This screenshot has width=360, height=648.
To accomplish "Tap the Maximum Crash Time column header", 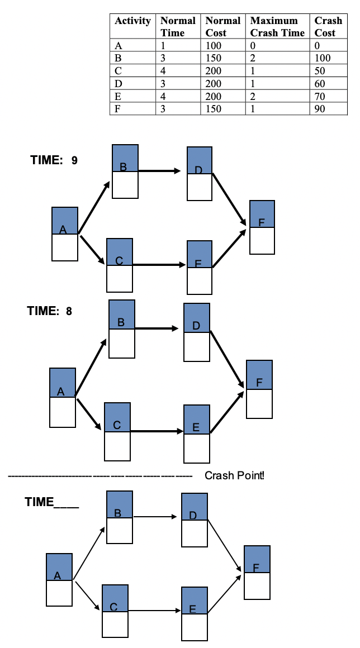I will pyautogui.click(x=277, y=27).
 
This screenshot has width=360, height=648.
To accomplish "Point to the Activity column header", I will pyautogui.click(x=132, y=21).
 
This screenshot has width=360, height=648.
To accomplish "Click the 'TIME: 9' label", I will pyautogui.click(x=54, y=160).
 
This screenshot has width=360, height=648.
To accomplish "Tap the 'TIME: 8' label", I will pyautogui.click(x=50, y=311).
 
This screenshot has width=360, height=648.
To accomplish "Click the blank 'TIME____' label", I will pyautogui.click(x=51, y=502).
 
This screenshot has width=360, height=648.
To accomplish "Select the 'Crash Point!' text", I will pyautogui.click(x=234, y=475).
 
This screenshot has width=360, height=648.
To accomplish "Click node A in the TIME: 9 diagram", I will pyautogui.click(x=65, y=234).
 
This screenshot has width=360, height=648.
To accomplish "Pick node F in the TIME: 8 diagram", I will pyautogui.click(x=259, y=389).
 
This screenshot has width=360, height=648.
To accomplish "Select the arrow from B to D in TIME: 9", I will pyautogui.click(x=159, y=170).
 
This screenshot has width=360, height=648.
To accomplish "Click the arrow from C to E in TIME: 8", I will pyautogui.click(x=157, y=431).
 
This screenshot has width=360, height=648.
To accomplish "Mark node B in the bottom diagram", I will pyautogui.click(x=120, y=517).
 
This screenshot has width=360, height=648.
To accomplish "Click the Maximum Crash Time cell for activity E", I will pyautogui.click(x=277, y=96).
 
